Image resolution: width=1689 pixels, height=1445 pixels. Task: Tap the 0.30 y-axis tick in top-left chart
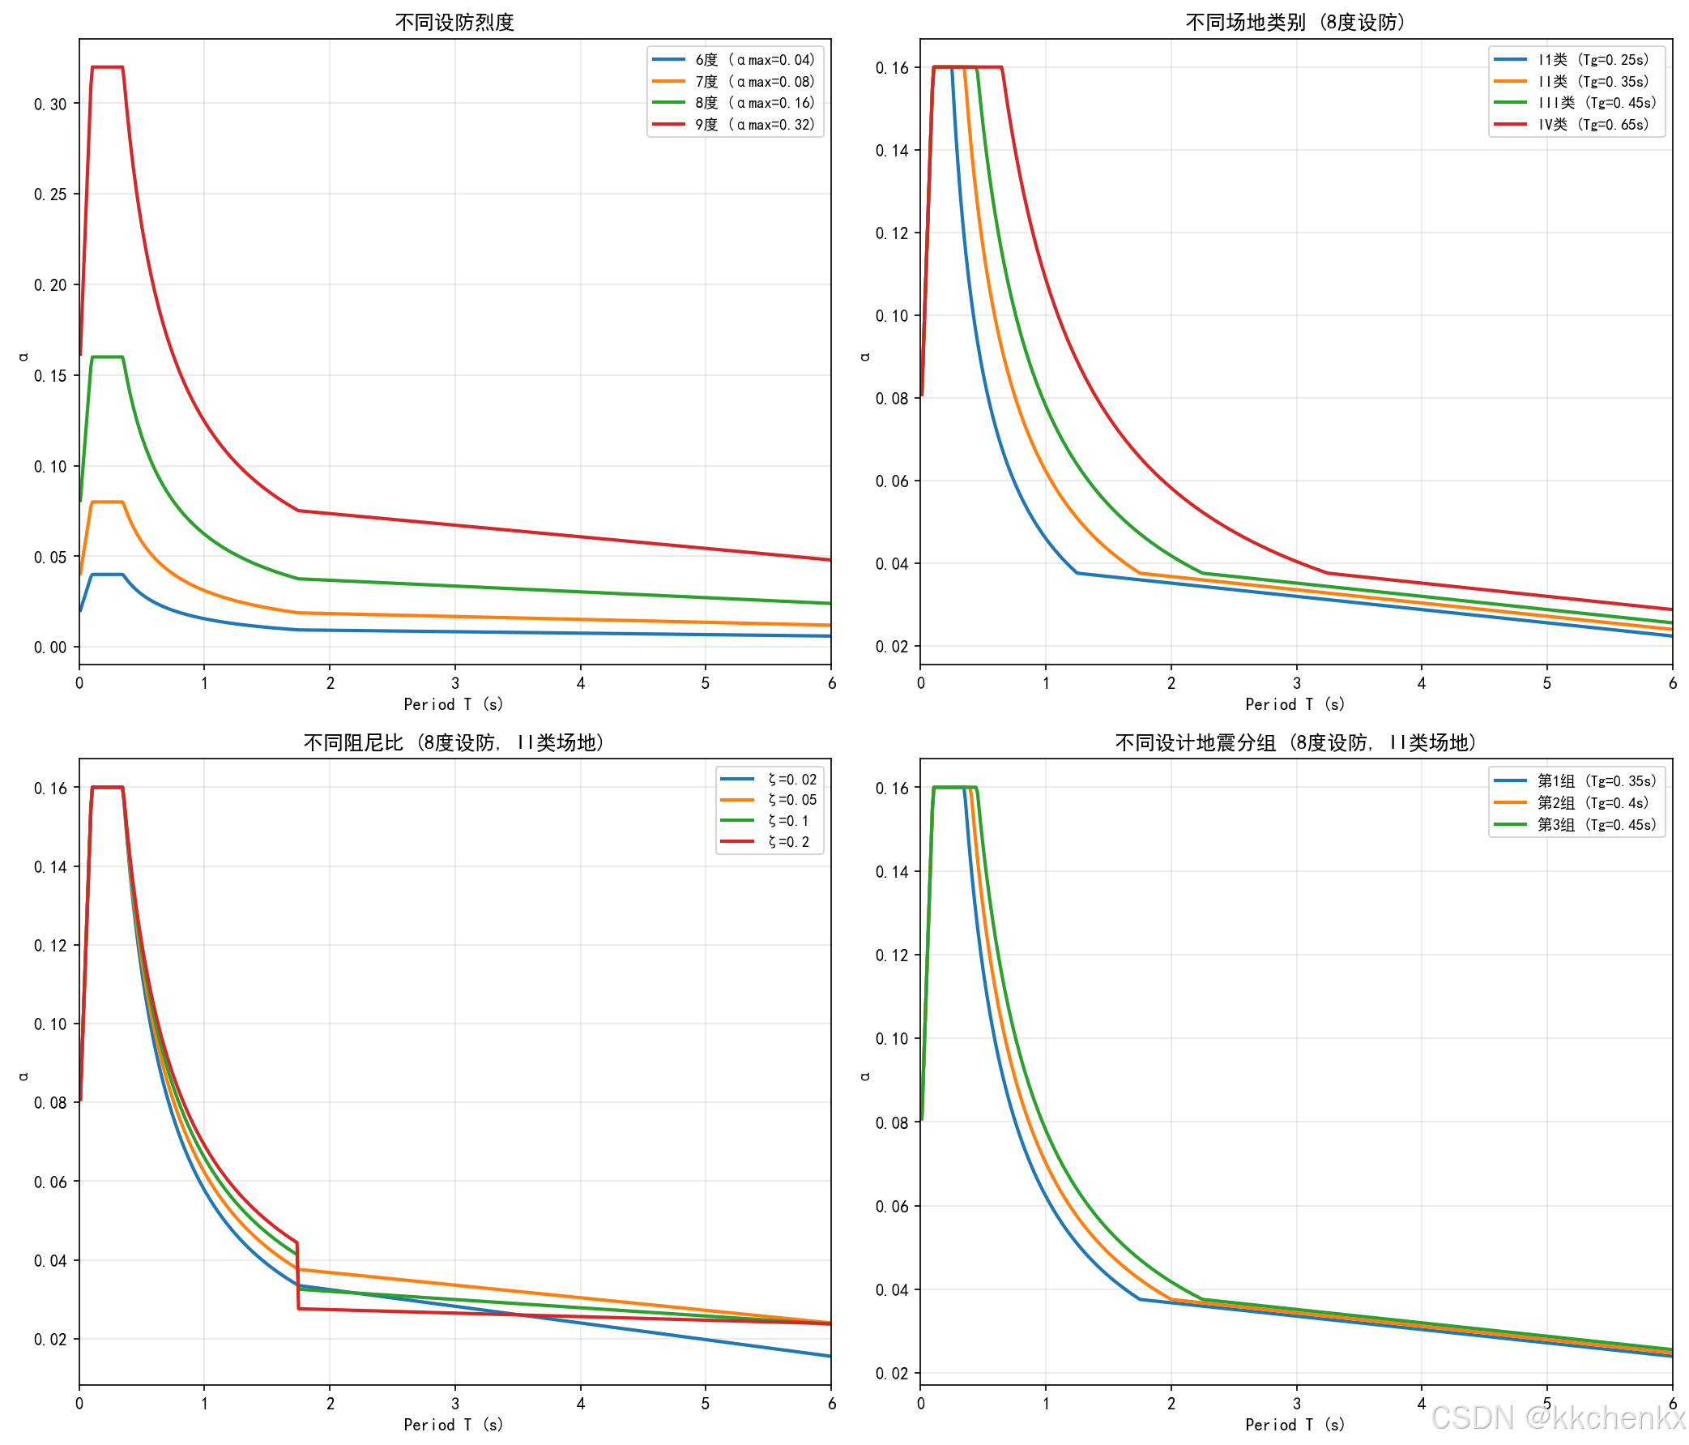pos(50,104)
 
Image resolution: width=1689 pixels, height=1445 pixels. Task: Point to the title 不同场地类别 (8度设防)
pos(1295,22)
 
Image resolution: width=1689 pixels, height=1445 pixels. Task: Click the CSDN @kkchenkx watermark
pos(1558,1418)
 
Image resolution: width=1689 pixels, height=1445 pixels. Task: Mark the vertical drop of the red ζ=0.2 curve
pos(297,1276)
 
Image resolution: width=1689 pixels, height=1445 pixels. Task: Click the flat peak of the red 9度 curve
pos(108,67)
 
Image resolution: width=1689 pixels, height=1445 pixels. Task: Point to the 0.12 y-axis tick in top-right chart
pos(892,233)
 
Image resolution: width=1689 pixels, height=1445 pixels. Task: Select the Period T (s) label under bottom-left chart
pos(454,1425)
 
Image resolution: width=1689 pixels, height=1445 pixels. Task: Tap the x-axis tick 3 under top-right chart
pos(1296,683)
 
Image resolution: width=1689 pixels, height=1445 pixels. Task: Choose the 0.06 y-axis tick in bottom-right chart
pos(892,1206)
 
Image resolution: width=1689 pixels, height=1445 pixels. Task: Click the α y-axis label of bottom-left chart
pos(23,1076)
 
